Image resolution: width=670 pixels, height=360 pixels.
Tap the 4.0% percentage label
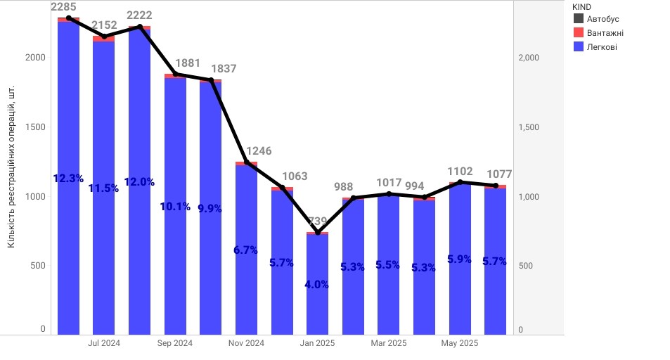[317, 285]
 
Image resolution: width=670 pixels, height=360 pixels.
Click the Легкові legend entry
[602, 46]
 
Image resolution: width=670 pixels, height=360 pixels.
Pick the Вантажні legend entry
[605, 33]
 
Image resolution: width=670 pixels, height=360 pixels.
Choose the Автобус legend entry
[603, 19]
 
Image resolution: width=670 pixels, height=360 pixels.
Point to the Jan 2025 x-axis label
[317, 344]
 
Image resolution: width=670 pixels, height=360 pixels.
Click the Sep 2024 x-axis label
[175, 344]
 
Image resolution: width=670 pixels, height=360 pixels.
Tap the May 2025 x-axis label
[459, 344]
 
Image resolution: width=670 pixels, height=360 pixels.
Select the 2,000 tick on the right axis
[528, 58]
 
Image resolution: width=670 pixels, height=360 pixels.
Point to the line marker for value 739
[317, 232]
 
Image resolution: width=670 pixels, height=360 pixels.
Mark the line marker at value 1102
[460, 182]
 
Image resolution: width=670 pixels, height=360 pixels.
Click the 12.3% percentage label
[68, 179]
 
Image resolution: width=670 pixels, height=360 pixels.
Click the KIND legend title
[581, 6]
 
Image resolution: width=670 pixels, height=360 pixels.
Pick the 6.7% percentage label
[246, 250]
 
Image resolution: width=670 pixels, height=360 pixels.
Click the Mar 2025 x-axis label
[388, 344]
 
